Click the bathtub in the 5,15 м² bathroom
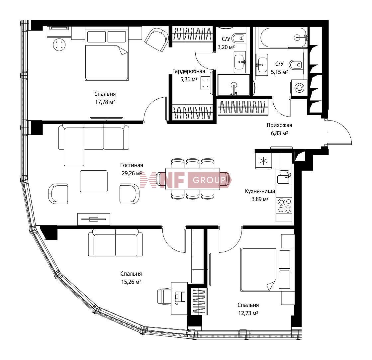pyautogui.click(x=284, y=38)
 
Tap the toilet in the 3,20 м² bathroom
pyautogui.click(x=238, y=38)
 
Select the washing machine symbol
pyautogui.click(x=299, y=88)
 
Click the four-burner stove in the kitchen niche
pyautogui.click(x=284, y=205)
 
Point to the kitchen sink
pyautogui.click(x=284, y=177)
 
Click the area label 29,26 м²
pyautogui.click(x=132, y=173)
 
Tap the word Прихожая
pyautogui.click(x=279, y=125)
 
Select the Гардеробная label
pyautogui.click(x=189, y=71)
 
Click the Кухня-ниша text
pyautogui.click(x=260, y=191)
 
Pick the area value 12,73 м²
pyautogui.click(x=248, y=313)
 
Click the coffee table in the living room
pyautogui.click(x=94, y=181)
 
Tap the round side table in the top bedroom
pyautogui.click(x=59, y=45)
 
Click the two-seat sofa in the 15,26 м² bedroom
pyautogui.click(x=116, y=243)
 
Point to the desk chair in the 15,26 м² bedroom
pyautogui.click(x=164, y=297)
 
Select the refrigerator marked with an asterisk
pyautogui.click(x=264, y=161)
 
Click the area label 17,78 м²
pyautogui.click(x=105, y=102)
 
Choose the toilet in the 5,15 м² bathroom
pyautogui.click(x=296, y=64)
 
